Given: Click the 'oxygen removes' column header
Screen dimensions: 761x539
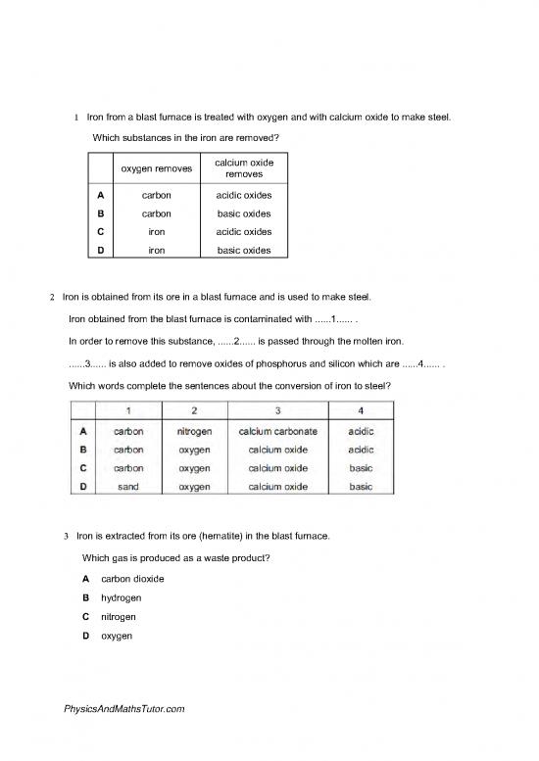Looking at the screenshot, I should (x=156, y=168).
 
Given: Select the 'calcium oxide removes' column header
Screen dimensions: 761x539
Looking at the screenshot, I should (x=244, y=166).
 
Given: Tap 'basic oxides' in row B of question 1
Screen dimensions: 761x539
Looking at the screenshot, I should (x=244, y=214).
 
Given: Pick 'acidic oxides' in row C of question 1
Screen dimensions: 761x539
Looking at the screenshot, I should (x=244, y=232).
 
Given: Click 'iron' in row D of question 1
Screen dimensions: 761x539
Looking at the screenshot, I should (x=156, y=251).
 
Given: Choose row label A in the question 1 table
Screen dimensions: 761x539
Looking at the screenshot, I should (x=101, y=195).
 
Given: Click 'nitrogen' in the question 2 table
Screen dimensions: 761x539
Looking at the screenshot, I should (x=195, y=431).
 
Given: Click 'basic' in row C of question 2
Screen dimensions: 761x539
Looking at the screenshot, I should (x=361, y=468).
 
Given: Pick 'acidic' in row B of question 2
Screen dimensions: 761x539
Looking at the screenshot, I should (x=361, y=450).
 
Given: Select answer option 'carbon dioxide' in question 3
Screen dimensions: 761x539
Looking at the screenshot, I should (x=132, y=579).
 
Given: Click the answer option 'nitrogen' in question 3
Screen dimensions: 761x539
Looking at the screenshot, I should (x=120, y=617).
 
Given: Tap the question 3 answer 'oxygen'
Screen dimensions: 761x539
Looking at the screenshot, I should (x=118, y=637).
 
